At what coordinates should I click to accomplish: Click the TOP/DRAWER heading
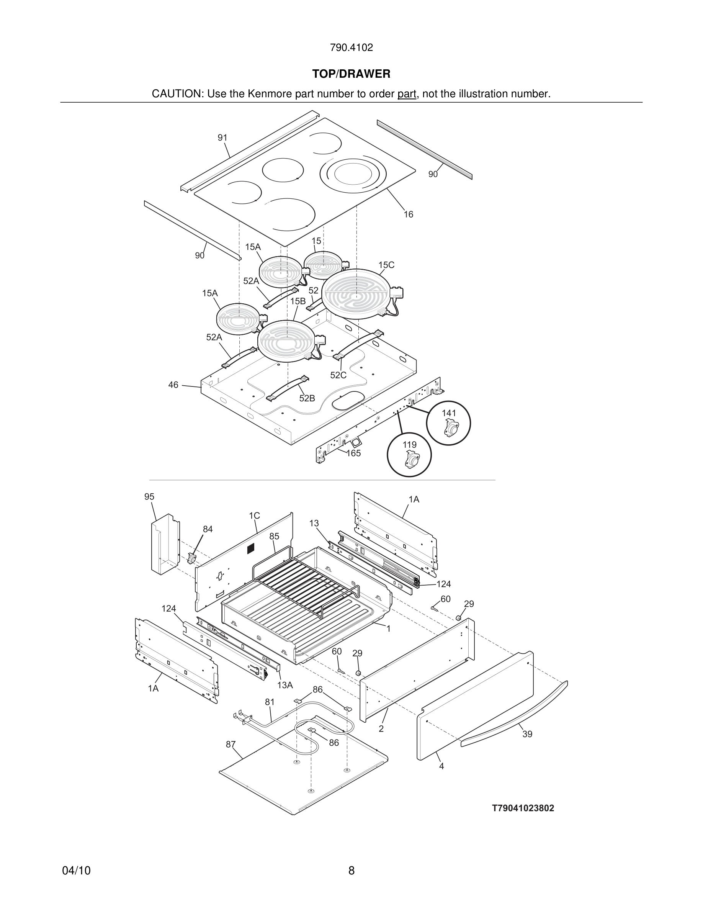point(351,74)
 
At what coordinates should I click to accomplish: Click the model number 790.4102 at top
point(351,47)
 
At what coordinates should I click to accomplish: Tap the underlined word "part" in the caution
point(407,94)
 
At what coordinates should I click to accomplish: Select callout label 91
point(222,137)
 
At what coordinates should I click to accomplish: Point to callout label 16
point(408,214)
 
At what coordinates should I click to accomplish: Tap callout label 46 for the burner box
point(173,385)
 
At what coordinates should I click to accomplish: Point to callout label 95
point(149,497)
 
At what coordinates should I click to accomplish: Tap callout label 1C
point(255,516)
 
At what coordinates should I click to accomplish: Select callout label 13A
point(285,685)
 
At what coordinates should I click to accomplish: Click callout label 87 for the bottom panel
point(231,744)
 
